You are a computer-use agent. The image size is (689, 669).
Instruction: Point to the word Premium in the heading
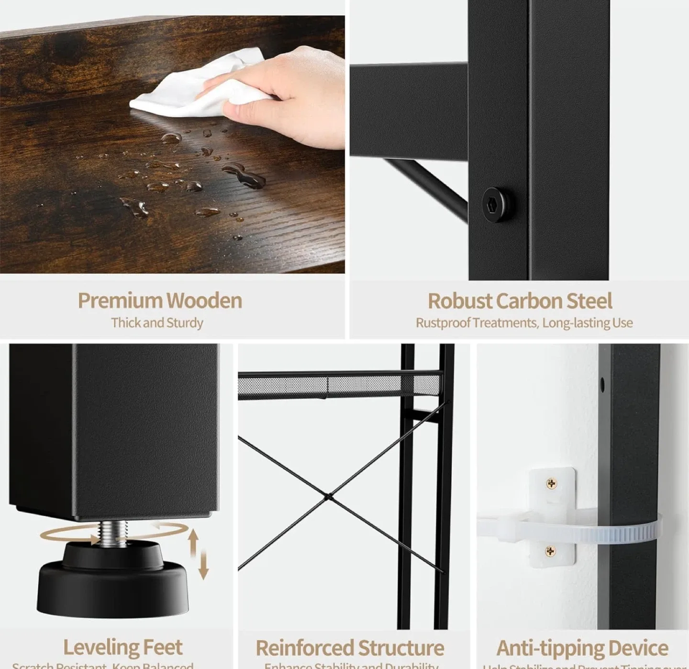coord(120,301)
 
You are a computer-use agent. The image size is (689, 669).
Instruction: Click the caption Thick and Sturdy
coord(157,323)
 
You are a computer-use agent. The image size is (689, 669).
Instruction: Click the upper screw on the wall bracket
coord(551,484)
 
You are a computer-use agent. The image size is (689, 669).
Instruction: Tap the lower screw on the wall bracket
coord(551,552)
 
